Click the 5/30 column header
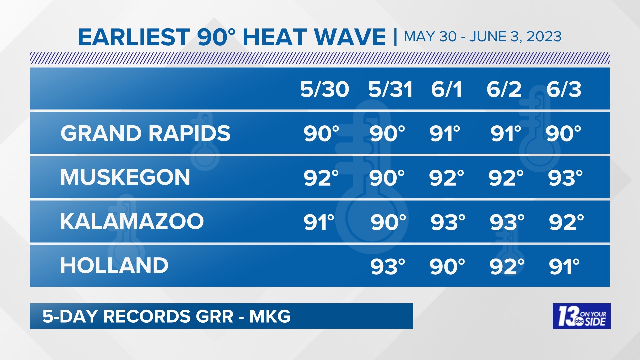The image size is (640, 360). point(324,89)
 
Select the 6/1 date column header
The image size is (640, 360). point(446,89)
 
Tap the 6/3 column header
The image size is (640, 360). point(564,89)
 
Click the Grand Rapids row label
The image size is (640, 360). point(145,133)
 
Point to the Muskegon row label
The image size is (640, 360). point(125,177)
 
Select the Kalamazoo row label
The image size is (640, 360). point(132,221)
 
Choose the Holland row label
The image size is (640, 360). point(114,266)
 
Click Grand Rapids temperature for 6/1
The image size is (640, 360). point(445,134)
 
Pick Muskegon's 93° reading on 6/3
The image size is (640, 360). point(565,178)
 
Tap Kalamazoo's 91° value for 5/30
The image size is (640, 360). point(319,222)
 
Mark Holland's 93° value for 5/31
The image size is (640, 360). point(388,266)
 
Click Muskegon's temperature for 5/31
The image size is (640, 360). point(387,178)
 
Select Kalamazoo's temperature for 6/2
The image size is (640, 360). point(507,222)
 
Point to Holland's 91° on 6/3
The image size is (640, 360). point(564,266)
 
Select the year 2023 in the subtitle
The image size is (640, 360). point(544,37)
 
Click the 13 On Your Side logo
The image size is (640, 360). point(581,316)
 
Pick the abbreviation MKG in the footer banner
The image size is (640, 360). point(270,316)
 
